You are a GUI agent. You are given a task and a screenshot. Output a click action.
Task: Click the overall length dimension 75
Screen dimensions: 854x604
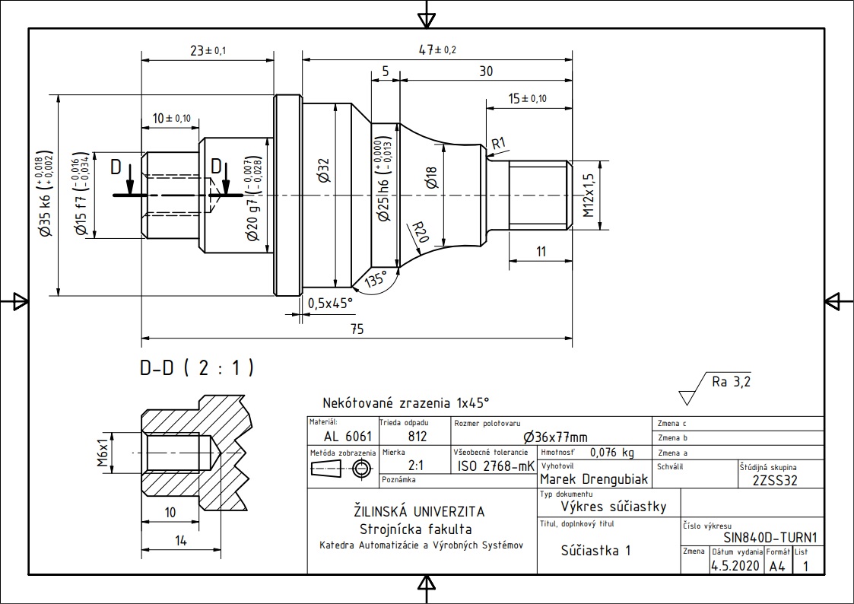[x=357, y=329]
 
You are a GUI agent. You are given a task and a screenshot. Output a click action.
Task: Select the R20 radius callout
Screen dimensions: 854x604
[x=420, y=232]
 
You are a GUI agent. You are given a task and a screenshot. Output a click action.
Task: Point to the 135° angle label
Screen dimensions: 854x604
[x=375, y=280]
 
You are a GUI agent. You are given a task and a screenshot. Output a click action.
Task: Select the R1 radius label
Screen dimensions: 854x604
[x=499, y=144]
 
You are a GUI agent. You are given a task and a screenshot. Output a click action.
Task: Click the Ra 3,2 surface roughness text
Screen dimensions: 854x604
[x=731, y=382]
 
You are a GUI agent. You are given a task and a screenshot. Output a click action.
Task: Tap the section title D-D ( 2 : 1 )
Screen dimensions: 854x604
[x=197, y=368]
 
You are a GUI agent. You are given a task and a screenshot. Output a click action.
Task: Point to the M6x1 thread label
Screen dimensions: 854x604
[x=103, y=453]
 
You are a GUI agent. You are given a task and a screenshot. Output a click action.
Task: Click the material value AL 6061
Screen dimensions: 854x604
[x=348, y=436]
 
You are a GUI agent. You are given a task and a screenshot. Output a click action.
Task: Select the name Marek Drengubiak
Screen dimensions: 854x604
[x=594, y=479]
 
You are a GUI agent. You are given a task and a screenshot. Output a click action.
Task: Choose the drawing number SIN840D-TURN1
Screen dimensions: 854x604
[x=770, y=538]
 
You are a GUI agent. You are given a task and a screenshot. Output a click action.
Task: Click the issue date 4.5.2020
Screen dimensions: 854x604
[x=735, y=565]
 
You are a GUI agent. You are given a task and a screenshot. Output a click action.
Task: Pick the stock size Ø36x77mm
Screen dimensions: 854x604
[x=555, y=437]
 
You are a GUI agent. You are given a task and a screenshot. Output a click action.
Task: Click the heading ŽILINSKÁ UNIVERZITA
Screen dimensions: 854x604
[x=419, y=511]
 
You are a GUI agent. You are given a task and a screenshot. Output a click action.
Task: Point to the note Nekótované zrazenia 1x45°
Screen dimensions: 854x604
[x=406, y=403]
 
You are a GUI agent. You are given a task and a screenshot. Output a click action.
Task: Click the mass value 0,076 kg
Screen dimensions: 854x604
[x=612, y=452]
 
